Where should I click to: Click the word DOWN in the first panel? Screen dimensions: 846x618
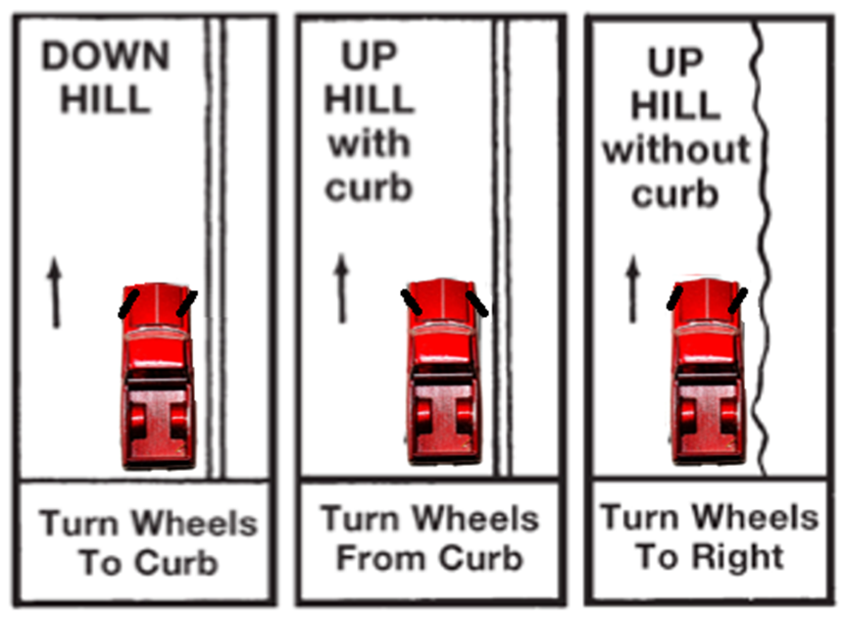pos(106,56)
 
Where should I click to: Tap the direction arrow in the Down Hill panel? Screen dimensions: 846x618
pos(55,292)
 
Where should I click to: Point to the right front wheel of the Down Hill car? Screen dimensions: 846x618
pos(186,304)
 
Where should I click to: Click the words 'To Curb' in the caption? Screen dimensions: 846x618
pos(149,562)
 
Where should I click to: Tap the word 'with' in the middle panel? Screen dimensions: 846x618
pos(370,143)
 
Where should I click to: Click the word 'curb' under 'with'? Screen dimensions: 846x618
pos(369,187)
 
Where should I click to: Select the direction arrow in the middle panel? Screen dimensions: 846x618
pos(341,288)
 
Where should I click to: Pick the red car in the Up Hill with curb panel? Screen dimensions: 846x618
pos(444,372)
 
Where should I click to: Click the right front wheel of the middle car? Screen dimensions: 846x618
pos(477,304)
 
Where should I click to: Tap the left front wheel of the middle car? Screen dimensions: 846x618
pos(411,302)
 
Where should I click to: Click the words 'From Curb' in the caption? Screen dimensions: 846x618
pos(430,557)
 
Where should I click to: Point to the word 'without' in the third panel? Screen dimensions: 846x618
pos(676,149)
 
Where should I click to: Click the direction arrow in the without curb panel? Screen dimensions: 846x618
pos(633,288)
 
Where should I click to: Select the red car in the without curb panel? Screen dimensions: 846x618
pos(708,372)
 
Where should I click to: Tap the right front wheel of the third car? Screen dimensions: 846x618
pos(738,300)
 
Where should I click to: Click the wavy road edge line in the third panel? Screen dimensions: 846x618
pos(763,248)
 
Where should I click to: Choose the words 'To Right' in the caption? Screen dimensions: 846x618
pos(710,556)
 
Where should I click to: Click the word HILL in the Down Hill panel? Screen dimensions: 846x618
pos(105,99)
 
